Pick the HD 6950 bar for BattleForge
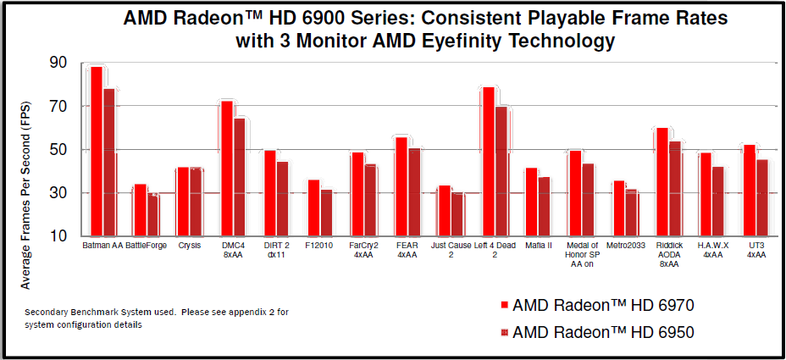pos(152,215)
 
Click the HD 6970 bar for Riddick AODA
pos(662,181)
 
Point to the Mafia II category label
pos(538,246)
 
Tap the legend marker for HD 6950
pos(504,333)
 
